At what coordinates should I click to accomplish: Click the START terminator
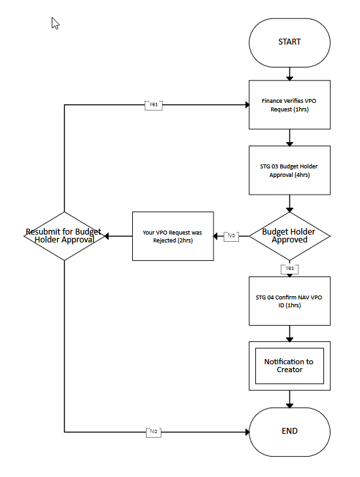click(x=289, y=43)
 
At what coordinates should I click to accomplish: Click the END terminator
click(x=289, y=432)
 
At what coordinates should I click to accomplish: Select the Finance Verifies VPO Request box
click(x=289, y=105)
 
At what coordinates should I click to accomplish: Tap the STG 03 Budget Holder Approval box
click(x=289, y=170)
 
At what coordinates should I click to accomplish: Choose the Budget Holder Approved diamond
click(x=289, y=236)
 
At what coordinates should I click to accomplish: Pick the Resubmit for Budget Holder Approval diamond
click(x=64, y=236)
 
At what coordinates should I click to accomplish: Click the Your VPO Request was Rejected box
click(x=173, y=236)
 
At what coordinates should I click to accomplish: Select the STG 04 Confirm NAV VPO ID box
click(x=289, y=301)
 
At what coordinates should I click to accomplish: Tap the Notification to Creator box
click(x=289, y=366)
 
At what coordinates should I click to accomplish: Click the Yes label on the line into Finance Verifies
click(x=153, y=105)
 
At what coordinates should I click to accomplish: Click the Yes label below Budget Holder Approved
click(x=289, y=269)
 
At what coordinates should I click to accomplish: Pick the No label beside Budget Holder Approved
click(x=231, y=237)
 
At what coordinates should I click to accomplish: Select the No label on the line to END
click(x=153, y=432)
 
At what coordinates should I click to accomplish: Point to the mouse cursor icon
click(x=55, y=24)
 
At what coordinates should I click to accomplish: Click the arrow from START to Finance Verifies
click(x=289, y=74)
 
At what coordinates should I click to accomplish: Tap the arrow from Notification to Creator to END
click(x=289, y=399)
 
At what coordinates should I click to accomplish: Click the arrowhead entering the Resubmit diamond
click(x=106, y=236)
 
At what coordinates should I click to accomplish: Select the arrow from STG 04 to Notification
click(x=289, y=334)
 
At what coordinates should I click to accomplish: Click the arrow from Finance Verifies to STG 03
click(x=289, y=138)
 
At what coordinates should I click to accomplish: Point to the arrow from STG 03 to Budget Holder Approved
click(x=289, y=204)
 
